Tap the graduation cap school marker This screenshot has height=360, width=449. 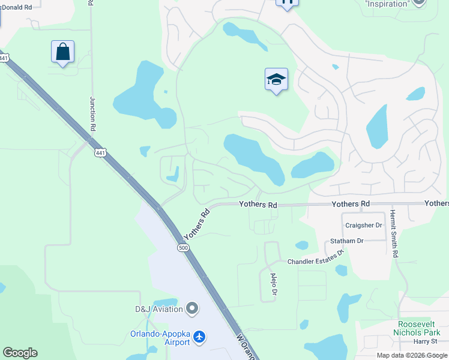click(x=276, y=79)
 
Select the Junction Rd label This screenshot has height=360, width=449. click(x=93, y=114)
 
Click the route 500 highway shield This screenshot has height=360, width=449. click(x=182, y=247)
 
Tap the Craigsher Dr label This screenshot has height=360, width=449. click(x=363, y=225)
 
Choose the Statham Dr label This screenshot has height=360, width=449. click(x=347, y=241)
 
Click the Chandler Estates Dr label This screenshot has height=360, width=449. click(x=315, y=262)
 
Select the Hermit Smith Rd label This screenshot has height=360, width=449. click(x=394, y=233)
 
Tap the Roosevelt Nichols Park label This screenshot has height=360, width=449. click(x=417, y=328)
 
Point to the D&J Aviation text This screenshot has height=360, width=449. click(x=158, y=310)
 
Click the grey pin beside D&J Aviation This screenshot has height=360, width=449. click(x=192, y=309)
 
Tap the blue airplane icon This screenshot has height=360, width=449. click(x=200, y=338)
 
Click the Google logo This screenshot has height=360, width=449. click(x=20, y=353)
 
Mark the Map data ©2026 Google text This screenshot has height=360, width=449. click(x=412, y=355)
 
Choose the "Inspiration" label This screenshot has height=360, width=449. click(x=387, y=4)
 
